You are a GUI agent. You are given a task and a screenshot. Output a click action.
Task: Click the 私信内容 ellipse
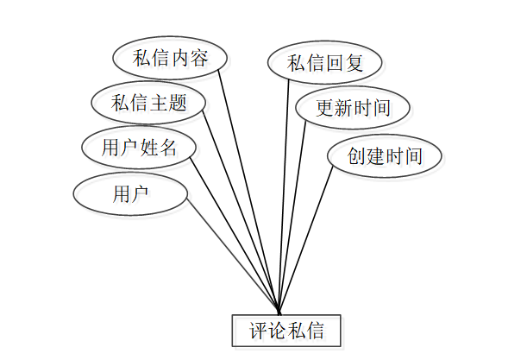(x=170, y=59)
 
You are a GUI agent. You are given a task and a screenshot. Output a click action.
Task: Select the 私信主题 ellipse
(x=149, y=103)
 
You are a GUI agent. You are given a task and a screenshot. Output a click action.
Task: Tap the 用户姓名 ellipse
(x=139, y=147)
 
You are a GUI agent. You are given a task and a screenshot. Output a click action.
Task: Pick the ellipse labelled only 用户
(x=130, y=193)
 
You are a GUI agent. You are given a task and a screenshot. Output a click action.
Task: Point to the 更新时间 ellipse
(x=353, y=108)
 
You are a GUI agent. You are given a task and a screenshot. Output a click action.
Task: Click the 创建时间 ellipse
(x=385, y=155)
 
